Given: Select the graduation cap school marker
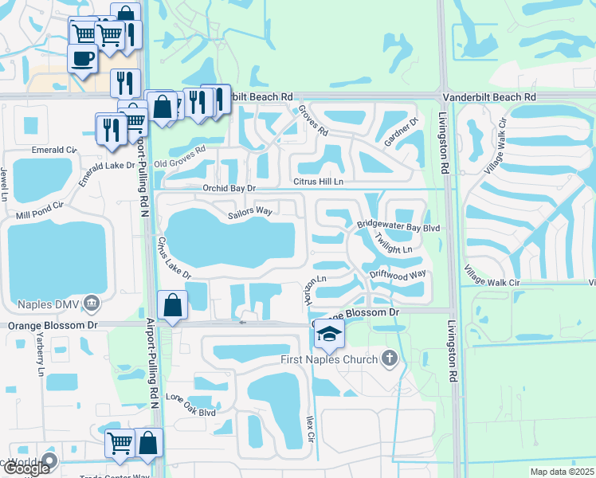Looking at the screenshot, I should pyautogui.click(x=328, y=334).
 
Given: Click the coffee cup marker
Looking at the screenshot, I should pyautogui.click(x=82, y=58).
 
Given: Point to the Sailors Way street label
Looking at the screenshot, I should pyautogui.click(x=250, y=213).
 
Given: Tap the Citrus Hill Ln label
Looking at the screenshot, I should pyautogui.click(x=319, y=182).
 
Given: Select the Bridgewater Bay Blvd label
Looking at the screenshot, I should pyautogui.click(x=398, y=227).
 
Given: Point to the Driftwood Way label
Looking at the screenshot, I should pyautogui.click(x=398, y=275).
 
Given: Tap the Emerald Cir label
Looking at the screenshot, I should pyautogui.click(x=53, y=149).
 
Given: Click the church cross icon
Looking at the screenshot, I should pyautogui.click(x=390, y=358).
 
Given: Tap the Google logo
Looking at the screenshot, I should pyautogui.click(x=27, y=468).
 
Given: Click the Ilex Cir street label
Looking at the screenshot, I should pyautogui.click(x=312, y=429).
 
